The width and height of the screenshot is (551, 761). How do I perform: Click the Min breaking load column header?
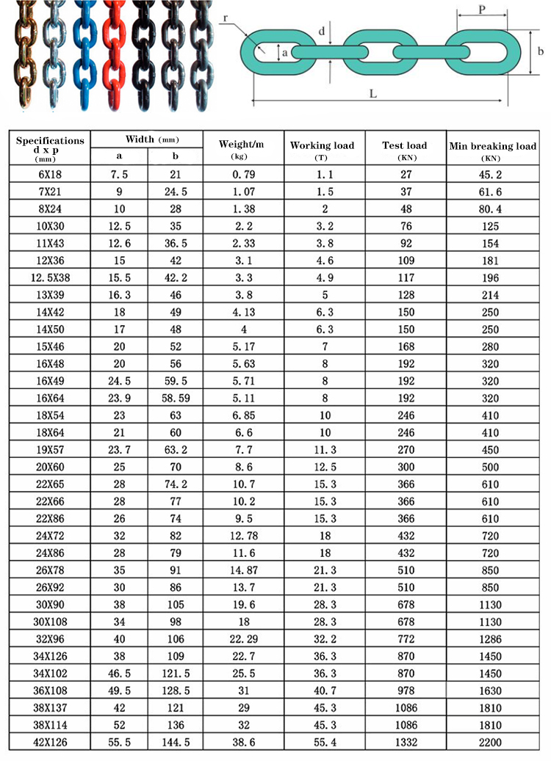click(x=493, y=146)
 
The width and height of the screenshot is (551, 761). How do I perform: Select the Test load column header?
click(x=404, y=145)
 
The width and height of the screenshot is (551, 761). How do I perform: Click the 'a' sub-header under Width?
click(x=119, y=156)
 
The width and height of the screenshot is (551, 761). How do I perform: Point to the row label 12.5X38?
click(x=50, y=278)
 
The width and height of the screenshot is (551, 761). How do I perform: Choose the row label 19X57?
click(x=50, y=450)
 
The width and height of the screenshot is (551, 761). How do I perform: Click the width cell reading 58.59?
click(x=175, y=398)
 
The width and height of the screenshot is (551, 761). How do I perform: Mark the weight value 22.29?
click(x=243, y=639)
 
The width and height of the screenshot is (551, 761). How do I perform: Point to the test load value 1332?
click(x=404, y=743)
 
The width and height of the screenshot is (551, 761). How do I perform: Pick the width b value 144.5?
click(x=175, y=743)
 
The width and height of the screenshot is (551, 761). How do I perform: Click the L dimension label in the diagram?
click(x=373, y=93)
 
